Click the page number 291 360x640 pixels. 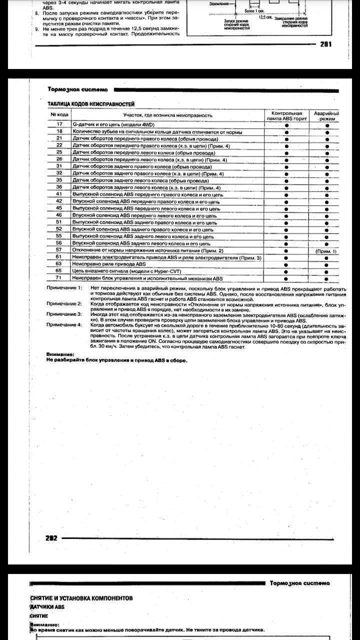click(325, 43)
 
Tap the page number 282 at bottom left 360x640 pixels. click(51, 538)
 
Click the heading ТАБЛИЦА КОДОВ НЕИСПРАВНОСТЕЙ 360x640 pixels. click(90, 103)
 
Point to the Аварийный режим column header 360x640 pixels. click(327, 116)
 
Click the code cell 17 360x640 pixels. click(59, 124)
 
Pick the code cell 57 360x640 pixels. click(59, 249)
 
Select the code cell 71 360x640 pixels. click(59, 277)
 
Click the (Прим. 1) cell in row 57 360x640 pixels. click(327, 250)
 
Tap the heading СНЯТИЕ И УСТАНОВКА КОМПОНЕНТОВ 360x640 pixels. click(81, 598)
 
